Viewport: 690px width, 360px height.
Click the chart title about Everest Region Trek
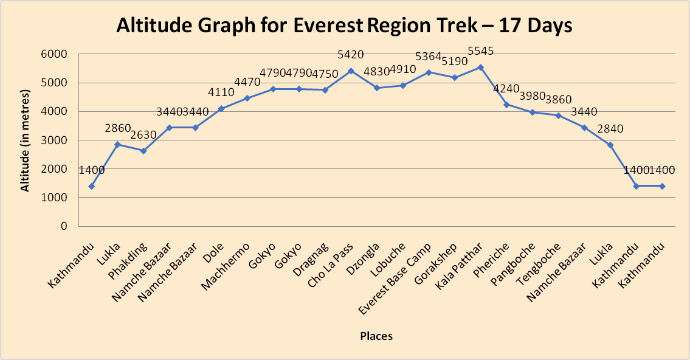[x=345, y=26]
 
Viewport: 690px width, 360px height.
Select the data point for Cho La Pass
[x=351, y=71]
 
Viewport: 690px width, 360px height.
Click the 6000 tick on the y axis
[x=55, y=54]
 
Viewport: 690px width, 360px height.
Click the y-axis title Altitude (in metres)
[x=25, y=140]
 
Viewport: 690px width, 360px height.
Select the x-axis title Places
[x=376, y=336]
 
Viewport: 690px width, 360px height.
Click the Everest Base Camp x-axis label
[x=395, y=277]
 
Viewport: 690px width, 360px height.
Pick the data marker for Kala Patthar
[x=481, y=67]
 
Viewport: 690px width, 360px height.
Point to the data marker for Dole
[x=221, y=108]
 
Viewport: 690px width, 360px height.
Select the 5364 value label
[x=429, y=57]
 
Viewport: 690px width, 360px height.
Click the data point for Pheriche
[x=506, y=105]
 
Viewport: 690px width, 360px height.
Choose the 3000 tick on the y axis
[x=55, y=140]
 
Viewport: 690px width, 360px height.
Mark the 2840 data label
[x=610, y=129]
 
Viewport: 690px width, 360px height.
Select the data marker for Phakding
[x=143, y=151]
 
